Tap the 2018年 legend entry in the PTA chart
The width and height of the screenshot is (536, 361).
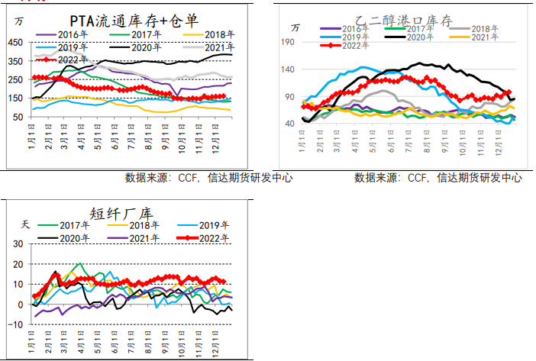click(206, 34)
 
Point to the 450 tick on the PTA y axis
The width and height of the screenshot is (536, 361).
click(16, 41)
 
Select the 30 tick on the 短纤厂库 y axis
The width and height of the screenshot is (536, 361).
click(16, 243)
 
